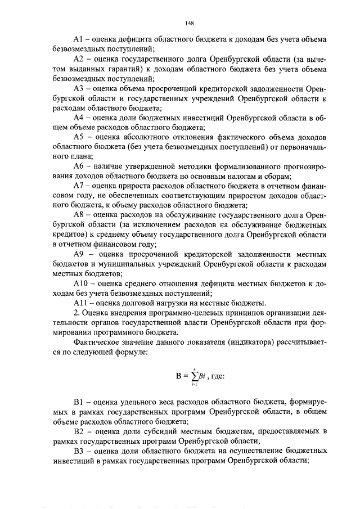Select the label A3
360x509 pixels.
click(79, 89)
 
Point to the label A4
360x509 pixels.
click(79, 118)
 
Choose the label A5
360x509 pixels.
click(79, 137)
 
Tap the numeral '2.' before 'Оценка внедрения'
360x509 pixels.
click(77, 312)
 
